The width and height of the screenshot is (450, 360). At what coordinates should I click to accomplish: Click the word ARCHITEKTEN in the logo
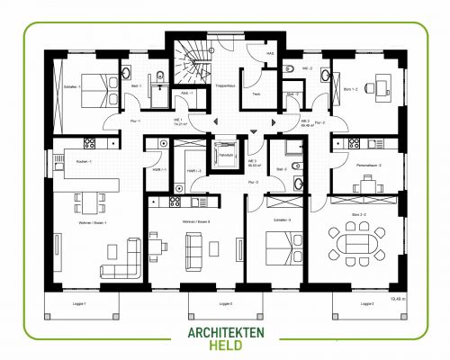(x=225, y=331)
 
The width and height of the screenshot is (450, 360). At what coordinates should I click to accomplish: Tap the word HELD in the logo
(x=225, y=346)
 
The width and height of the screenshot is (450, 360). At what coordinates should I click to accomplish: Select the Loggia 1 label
(x=78, y=304)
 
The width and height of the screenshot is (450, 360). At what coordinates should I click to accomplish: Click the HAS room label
(x=270, y=53)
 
